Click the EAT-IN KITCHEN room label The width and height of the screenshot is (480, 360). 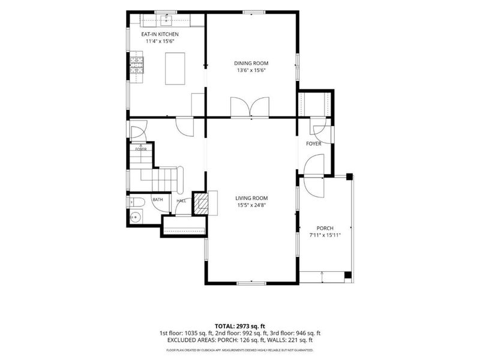pos(160,34)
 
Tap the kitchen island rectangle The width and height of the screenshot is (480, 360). pos(175,68)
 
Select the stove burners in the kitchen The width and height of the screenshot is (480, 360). pos(137,65)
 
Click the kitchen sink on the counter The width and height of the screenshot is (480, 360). pos(167,21)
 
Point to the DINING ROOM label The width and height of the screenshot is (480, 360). pos(251,64)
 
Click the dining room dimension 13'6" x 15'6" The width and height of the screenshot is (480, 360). pos(251,70)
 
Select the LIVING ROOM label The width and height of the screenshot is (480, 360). pos(251,198)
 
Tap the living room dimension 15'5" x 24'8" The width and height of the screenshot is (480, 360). pos(251,205)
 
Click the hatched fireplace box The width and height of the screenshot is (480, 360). pos(202,203)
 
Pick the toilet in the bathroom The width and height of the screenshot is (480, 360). pos(137,202)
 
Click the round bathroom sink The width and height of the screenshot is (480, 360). pos(136,217)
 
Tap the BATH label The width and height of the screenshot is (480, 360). pos(158,200)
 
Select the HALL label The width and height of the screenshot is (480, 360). pos(181,201)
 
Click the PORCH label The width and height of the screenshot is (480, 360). pos(325,228)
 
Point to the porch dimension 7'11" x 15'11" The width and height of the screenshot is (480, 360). pos(325,235)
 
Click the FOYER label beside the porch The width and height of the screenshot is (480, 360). pos(314,143)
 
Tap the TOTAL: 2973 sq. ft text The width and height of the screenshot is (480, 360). pos(239,326)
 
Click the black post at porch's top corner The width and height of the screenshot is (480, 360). pos(349,176)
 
